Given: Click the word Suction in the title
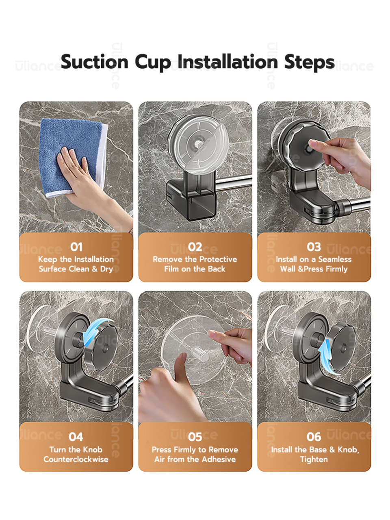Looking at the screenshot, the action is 95,62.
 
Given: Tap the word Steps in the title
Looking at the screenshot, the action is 309,62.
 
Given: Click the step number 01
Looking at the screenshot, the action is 76,247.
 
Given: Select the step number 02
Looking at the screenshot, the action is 195,247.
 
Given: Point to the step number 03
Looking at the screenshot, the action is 314,247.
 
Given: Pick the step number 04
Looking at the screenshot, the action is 76,437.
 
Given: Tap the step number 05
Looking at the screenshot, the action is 195,437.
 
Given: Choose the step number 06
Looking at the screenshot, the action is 314,437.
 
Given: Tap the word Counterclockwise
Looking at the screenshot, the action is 76,459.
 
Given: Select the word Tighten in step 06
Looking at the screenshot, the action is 314,459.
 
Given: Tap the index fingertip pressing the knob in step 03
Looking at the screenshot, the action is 312,143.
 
